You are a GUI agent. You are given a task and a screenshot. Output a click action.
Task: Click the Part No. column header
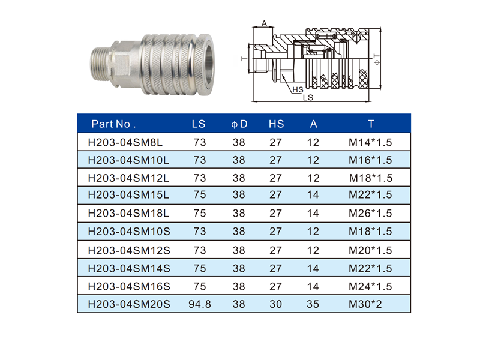point(114,124)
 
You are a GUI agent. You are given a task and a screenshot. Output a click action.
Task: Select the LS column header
point(198,124)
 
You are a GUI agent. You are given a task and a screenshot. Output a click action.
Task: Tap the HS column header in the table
point(276,124)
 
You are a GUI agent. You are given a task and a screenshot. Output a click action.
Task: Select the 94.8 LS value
point(198,304)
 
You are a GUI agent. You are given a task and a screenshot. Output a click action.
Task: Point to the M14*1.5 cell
point(370,143)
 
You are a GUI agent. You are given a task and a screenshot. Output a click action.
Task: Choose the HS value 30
point(276,304)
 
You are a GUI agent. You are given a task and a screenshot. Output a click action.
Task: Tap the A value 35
point(313,304)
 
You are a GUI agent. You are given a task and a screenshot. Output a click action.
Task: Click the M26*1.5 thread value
point(370,214)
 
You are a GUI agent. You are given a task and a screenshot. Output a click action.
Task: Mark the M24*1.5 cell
point(370,286)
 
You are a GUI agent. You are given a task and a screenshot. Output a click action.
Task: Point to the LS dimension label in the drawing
point(307,97)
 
